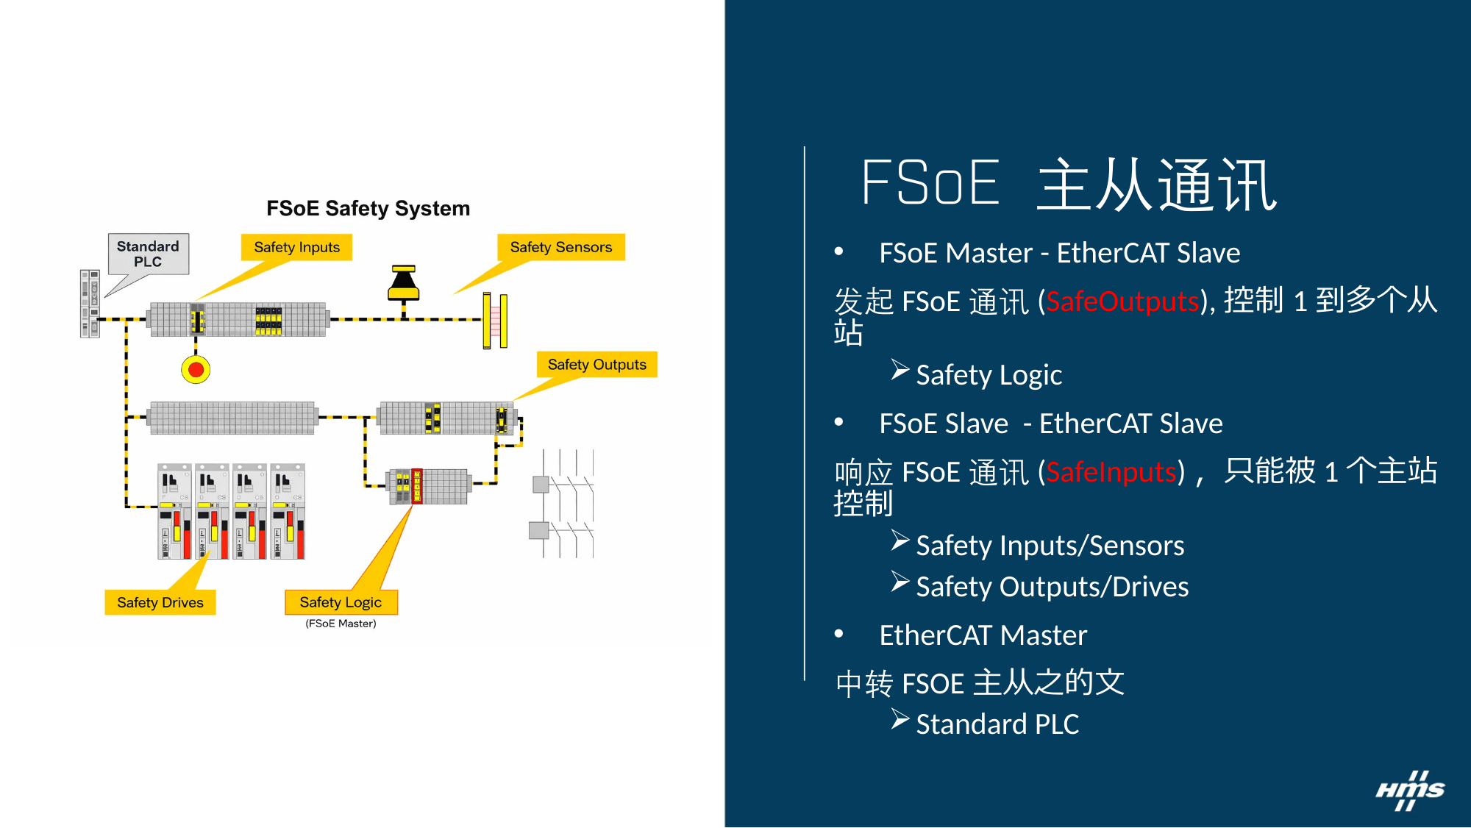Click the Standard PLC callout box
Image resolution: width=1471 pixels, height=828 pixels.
point(148,254)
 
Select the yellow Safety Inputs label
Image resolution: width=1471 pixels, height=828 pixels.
point(296,247)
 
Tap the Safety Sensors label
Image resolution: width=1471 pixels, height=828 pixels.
point(561,247)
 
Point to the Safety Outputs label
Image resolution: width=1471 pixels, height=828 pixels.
point(596,365)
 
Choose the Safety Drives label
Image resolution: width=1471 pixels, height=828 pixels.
point(160,602)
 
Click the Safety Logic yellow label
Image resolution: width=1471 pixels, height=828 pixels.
point(341,602)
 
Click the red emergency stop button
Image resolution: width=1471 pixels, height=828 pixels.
point(196,369)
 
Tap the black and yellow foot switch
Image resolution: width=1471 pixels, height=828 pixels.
point(404,283)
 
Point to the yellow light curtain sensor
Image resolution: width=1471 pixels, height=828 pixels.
point(495,321)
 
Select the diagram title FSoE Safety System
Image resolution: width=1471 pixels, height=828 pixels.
point(368,209)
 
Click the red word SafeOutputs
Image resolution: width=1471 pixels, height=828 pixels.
point(1122,301)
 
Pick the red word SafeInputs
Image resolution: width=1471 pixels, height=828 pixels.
point(1111,472)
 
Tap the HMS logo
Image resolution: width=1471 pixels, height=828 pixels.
point(1411,790)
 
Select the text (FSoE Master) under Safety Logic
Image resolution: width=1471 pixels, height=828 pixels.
point(341,624)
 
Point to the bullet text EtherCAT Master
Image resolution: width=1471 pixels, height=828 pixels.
point(983,635)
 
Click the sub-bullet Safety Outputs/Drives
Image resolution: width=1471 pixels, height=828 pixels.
point(1053,587)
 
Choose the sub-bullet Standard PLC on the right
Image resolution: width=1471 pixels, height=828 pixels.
point(997,724)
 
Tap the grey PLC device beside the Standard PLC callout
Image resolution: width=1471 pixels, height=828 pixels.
point(90,304)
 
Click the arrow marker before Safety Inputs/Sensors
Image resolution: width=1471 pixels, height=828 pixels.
point(900,540)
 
